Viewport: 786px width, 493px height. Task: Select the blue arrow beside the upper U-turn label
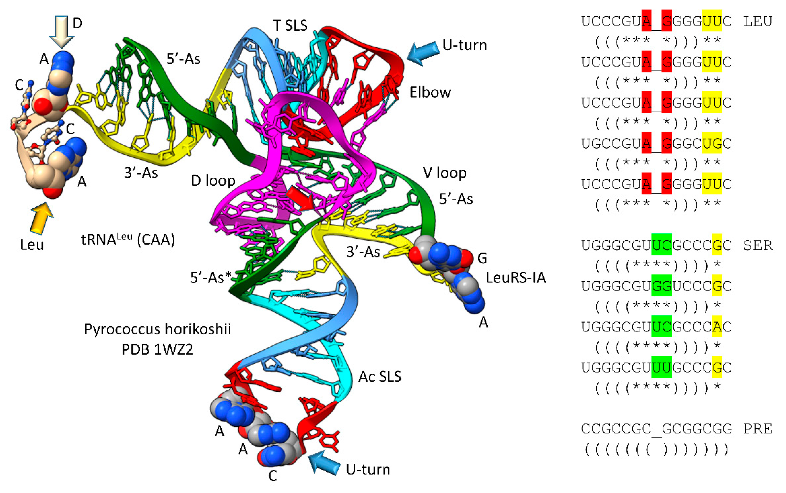(423, 53)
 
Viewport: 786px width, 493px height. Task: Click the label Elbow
(430, 93)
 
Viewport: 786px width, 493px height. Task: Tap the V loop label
(444, 173)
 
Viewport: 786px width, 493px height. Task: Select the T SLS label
(290, 26)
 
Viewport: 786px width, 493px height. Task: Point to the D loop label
(213, 181)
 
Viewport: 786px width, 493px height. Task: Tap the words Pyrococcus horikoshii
(157, 329)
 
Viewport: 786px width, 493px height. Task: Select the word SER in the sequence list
(758, 245)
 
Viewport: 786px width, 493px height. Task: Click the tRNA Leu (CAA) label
(128, 240)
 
